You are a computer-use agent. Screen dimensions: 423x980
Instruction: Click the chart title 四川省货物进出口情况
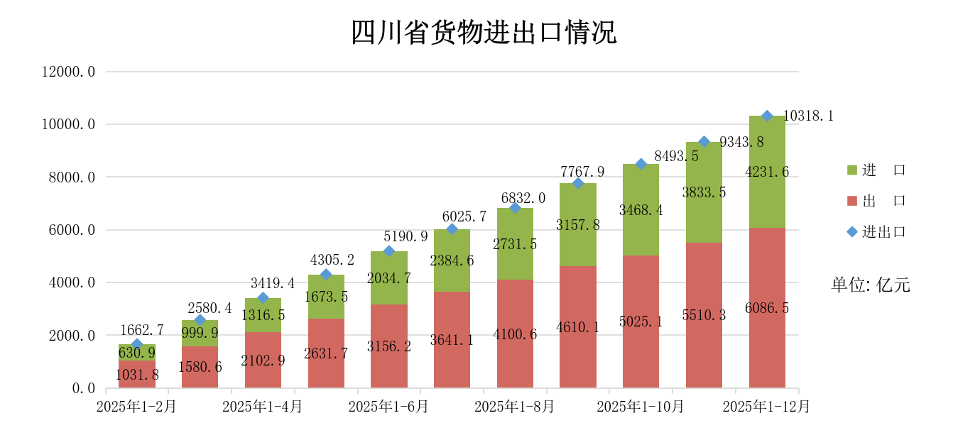(x=484, y=33)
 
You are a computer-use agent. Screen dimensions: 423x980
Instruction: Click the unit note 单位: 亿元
(x=871, y=285)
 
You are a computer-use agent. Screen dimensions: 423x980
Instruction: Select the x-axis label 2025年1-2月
(x=136, y=407)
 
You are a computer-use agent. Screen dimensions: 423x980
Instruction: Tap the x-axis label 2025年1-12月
(x=766, y=407)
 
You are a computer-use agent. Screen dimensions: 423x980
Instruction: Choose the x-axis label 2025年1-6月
(x=388, y=407)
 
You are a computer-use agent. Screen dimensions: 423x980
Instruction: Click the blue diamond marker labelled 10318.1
(x=767, y=116)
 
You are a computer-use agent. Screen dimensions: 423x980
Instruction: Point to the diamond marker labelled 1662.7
(x=137, y=344)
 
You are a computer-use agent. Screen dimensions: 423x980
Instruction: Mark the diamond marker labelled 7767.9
(x=578, y=183)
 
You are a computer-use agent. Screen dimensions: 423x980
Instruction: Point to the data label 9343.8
(x=741, y=143)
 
